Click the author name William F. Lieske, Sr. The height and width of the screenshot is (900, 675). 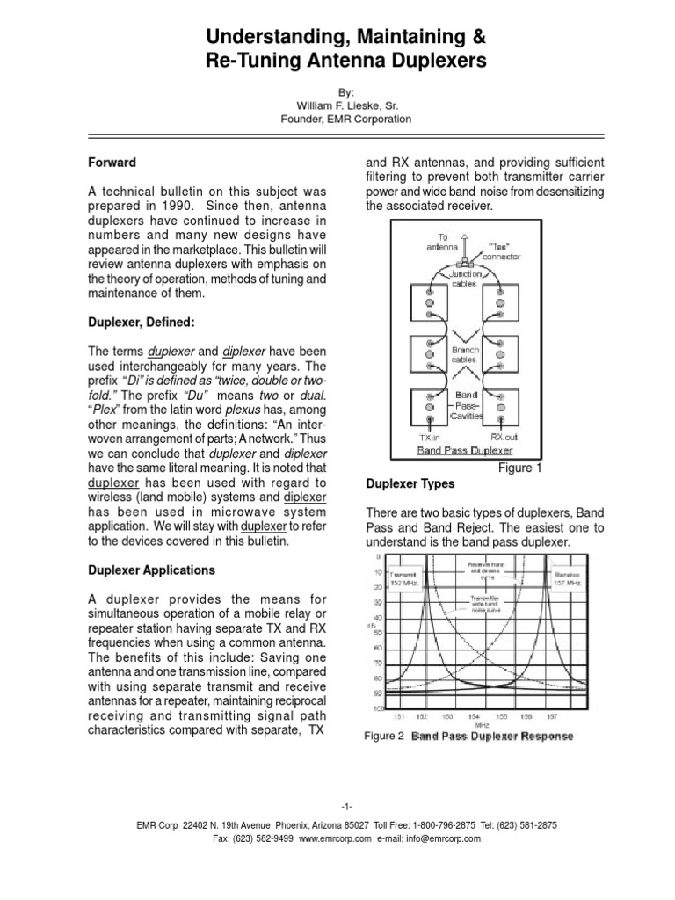click(x=337, y=104)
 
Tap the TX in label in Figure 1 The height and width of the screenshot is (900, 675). click(x=429, y=436)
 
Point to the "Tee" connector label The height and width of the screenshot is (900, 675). click(x=504, y=251)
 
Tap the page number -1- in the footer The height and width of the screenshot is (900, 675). click(x=337, y=806)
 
